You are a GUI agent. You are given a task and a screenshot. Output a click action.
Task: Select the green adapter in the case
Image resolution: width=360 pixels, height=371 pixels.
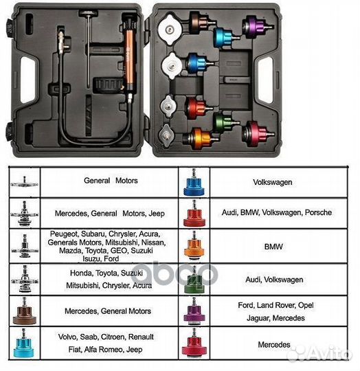click(x=225, y=123)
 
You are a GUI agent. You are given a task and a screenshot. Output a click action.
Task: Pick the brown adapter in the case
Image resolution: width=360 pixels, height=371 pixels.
click(x=201, y=22)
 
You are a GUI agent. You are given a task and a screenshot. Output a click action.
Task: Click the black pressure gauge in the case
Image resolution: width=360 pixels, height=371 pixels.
click(x=109, y=85)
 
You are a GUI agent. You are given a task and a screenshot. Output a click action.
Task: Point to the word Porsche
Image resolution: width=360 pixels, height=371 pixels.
click(x=318, y=212)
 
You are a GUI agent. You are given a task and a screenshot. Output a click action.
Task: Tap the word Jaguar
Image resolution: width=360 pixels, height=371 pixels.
click(x=258, y=318)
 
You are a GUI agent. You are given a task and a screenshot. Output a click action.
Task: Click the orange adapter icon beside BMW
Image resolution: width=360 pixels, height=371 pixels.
click(x=194, y=247)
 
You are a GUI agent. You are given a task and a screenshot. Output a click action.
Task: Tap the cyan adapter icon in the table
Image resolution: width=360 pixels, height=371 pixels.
click(x=23, y=344)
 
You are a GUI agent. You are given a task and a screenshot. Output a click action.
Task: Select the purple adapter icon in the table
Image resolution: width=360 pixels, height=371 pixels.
click(x=194, y=311)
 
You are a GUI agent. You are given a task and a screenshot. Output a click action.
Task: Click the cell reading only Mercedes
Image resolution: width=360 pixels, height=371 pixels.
click(x=279, y=344)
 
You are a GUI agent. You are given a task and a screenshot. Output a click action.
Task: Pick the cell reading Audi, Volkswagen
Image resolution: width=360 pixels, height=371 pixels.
click(x=279, y=279)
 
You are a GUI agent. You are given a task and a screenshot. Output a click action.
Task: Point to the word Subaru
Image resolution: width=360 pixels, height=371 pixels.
click(x=93, y=234)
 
